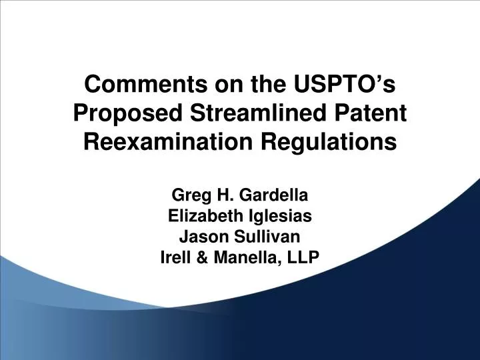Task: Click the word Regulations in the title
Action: pos(339,142)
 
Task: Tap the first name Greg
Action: pos(188,197)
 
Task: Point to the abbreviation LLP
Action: pos(305,256)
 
